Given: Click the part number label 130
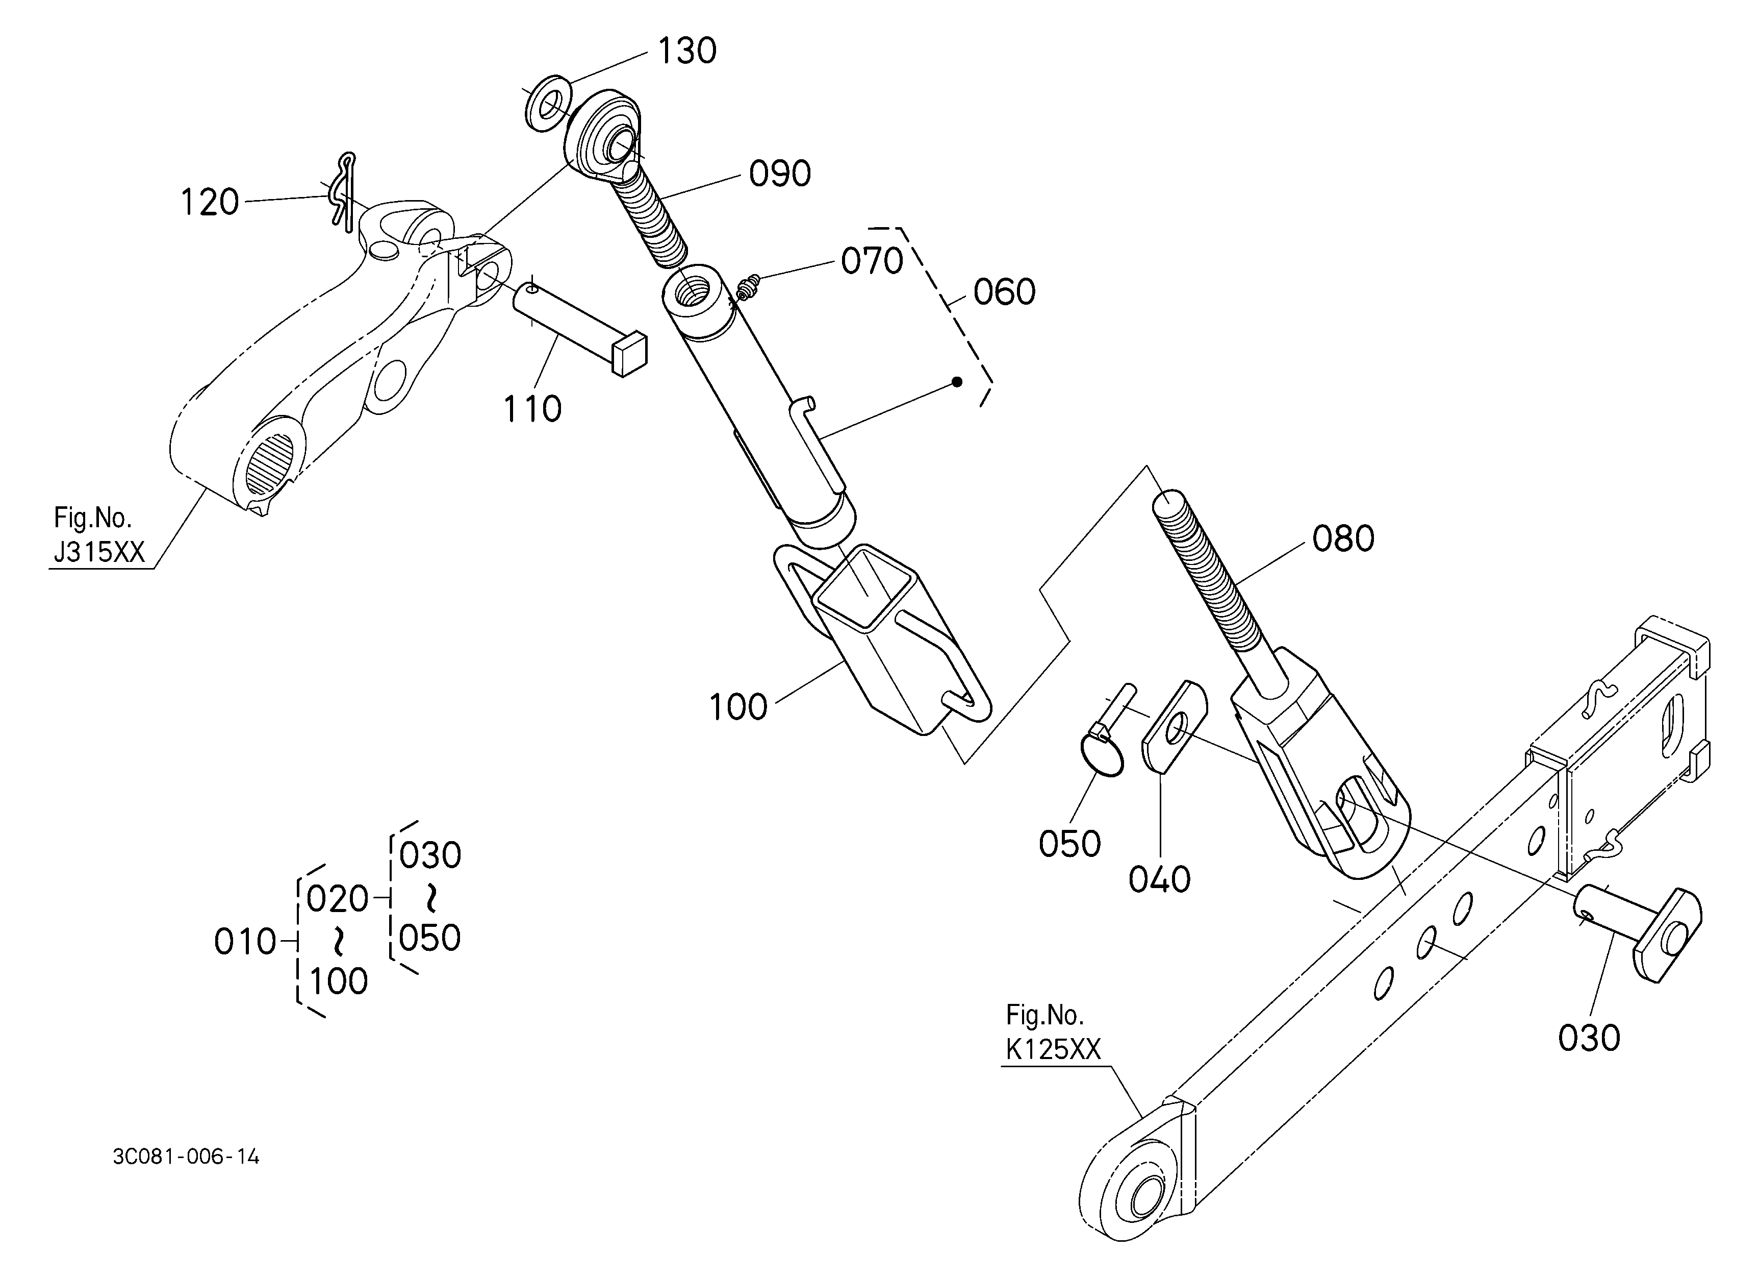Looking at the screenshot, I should tap(686, 51).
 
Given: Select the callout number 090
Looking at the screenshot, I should tap(779, 174).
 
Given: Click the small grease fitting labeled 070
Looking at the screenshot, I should tap(747, 290).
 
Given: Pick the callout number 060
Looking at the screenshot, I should tap(1004, 292).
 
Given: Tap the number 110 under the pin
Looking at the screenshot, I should tap(532, 409).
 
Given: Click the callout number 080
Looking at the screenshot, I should tap(1342, 538).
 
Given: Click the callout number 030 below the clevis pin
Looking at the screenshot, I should tap(1588, 1038).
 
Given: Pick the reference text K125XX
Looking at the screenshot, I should tap(1053, 1050).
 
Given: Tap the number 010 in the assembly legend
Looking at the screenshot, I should tap(244, 942).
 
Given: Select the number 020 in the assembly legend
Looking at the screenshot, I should tap(337, 899).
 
